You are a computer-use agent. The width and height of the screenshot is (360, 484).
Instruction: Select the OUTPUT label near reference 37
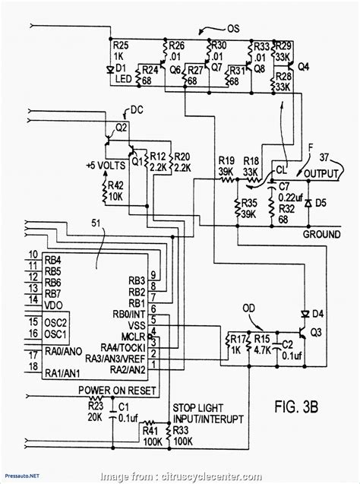[321, 176]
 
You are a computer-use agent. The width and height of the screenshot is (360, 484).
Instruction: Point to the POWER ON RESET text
[118, 390]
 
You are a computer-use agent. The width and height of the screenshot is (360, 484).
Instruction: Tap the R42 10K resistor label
[116, 190]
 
